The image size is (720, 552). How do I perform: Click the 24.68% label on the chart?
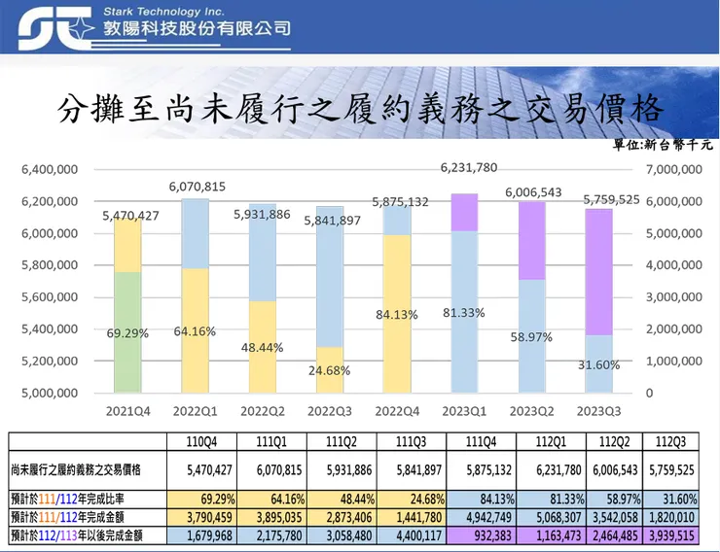click(331, 370)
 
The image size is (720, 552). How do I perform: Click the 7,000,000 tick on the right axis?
click(672, 169)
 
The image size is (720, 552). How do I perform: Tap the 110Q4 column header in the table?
click(201, 441)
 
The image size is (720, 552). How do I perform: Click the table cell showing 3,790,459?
click(201, 518)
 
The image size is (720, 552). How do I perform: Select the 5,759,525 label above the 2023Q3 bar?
click(611, 199)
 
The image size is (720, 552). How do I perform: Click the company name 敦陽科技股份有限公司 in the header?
click(197, 29)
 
